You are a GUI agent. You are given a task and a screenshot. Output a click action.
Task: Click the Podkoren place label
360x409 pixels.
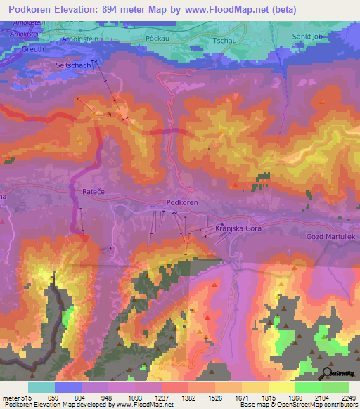coord(182,202)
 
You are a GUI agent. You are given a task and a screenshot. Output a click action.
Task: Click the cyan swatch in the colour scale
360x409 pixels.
coord(41,387)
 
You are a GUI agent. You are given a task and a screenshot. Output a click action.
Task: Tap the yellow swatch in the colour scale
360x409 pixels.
coord(281,387)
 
